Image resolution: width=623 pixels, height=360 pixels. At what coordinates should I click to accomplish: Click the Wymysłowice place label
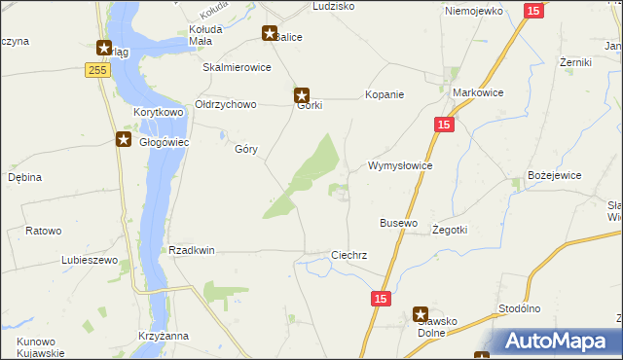[x=399, y=165]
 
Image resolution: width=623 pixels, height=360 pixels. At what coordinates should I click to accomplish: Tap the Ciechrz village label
[x=348, y=255]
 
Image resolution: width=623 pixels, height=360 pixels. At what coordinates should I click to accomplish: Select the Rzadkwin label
[x=192, y=250]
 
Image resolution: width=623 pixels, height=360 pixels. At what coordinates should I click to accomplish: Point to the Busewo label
[x=398, y=223]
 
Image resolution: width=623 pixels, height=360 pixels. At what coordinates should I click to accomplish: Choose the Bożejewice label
[x=554, y=175]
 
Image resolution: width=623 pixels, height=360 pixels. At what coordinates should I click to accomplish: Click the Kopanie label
[x=384, y=94]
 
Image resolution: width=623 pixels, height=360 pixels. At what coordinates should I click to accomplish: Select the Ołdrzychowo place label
[x=225, y=104]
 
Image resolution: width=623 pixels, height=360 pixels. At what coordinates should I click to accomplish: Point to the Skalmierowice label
[x=236, y=68]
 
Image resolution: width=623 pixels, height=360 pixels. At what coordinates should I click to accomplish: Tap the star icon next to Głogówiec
[x=124, y=139]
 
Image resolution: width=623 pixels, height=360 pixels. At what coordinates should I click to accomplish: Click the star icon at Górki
[x=302, y=95]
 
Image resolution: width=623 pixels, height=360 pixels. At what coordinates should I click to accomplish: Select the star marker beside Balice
[x=270, y=33]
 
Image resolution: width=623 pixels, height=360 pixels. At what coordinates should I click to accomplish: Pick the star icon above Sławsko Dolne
[x=421, y=314]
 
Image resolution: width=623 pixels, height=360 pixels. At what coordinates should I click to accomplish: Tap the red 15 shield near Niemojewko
[x=532, y=10]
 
